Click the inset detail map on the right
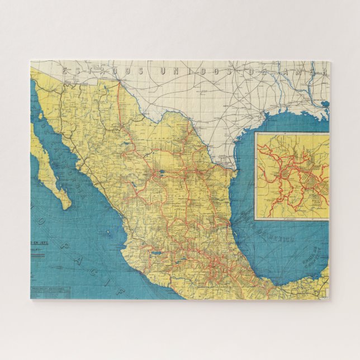click(292, 176)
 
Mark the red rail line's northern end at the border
click(119, 83)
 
